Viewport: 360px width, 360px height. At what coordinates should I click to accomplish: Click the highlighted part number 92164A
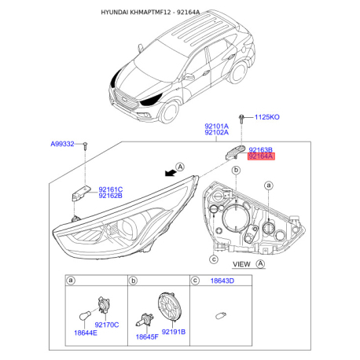click(x=260, y=156)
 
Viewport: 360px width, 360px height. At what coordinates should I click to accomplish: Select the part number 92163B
click(x=260, y=149)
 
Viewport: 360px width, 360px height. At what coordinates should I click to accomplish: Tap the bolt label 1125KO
click(x=266, y=117)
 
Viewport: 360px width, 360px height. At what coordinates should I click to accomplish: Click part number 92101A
click(x=216, y=126)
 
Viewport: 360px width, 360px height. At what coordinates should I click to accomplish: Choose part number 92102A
click(x=216, y=133)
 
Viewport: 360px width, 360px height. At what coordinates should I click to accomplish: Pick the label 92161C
click(x=111, y=189)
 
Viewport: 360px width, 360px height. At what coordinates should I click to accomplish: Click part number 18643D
click(x=219, y=280)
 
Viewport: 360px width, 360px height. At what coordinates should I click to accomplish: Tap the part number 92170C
click(x=105, y=324)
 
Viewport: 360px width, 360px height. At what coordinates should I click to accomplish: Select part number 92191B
click(x=173, y=332)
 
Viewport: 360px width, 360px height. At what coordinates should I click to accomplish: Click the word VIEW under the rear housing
click(x=242, y=264)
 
